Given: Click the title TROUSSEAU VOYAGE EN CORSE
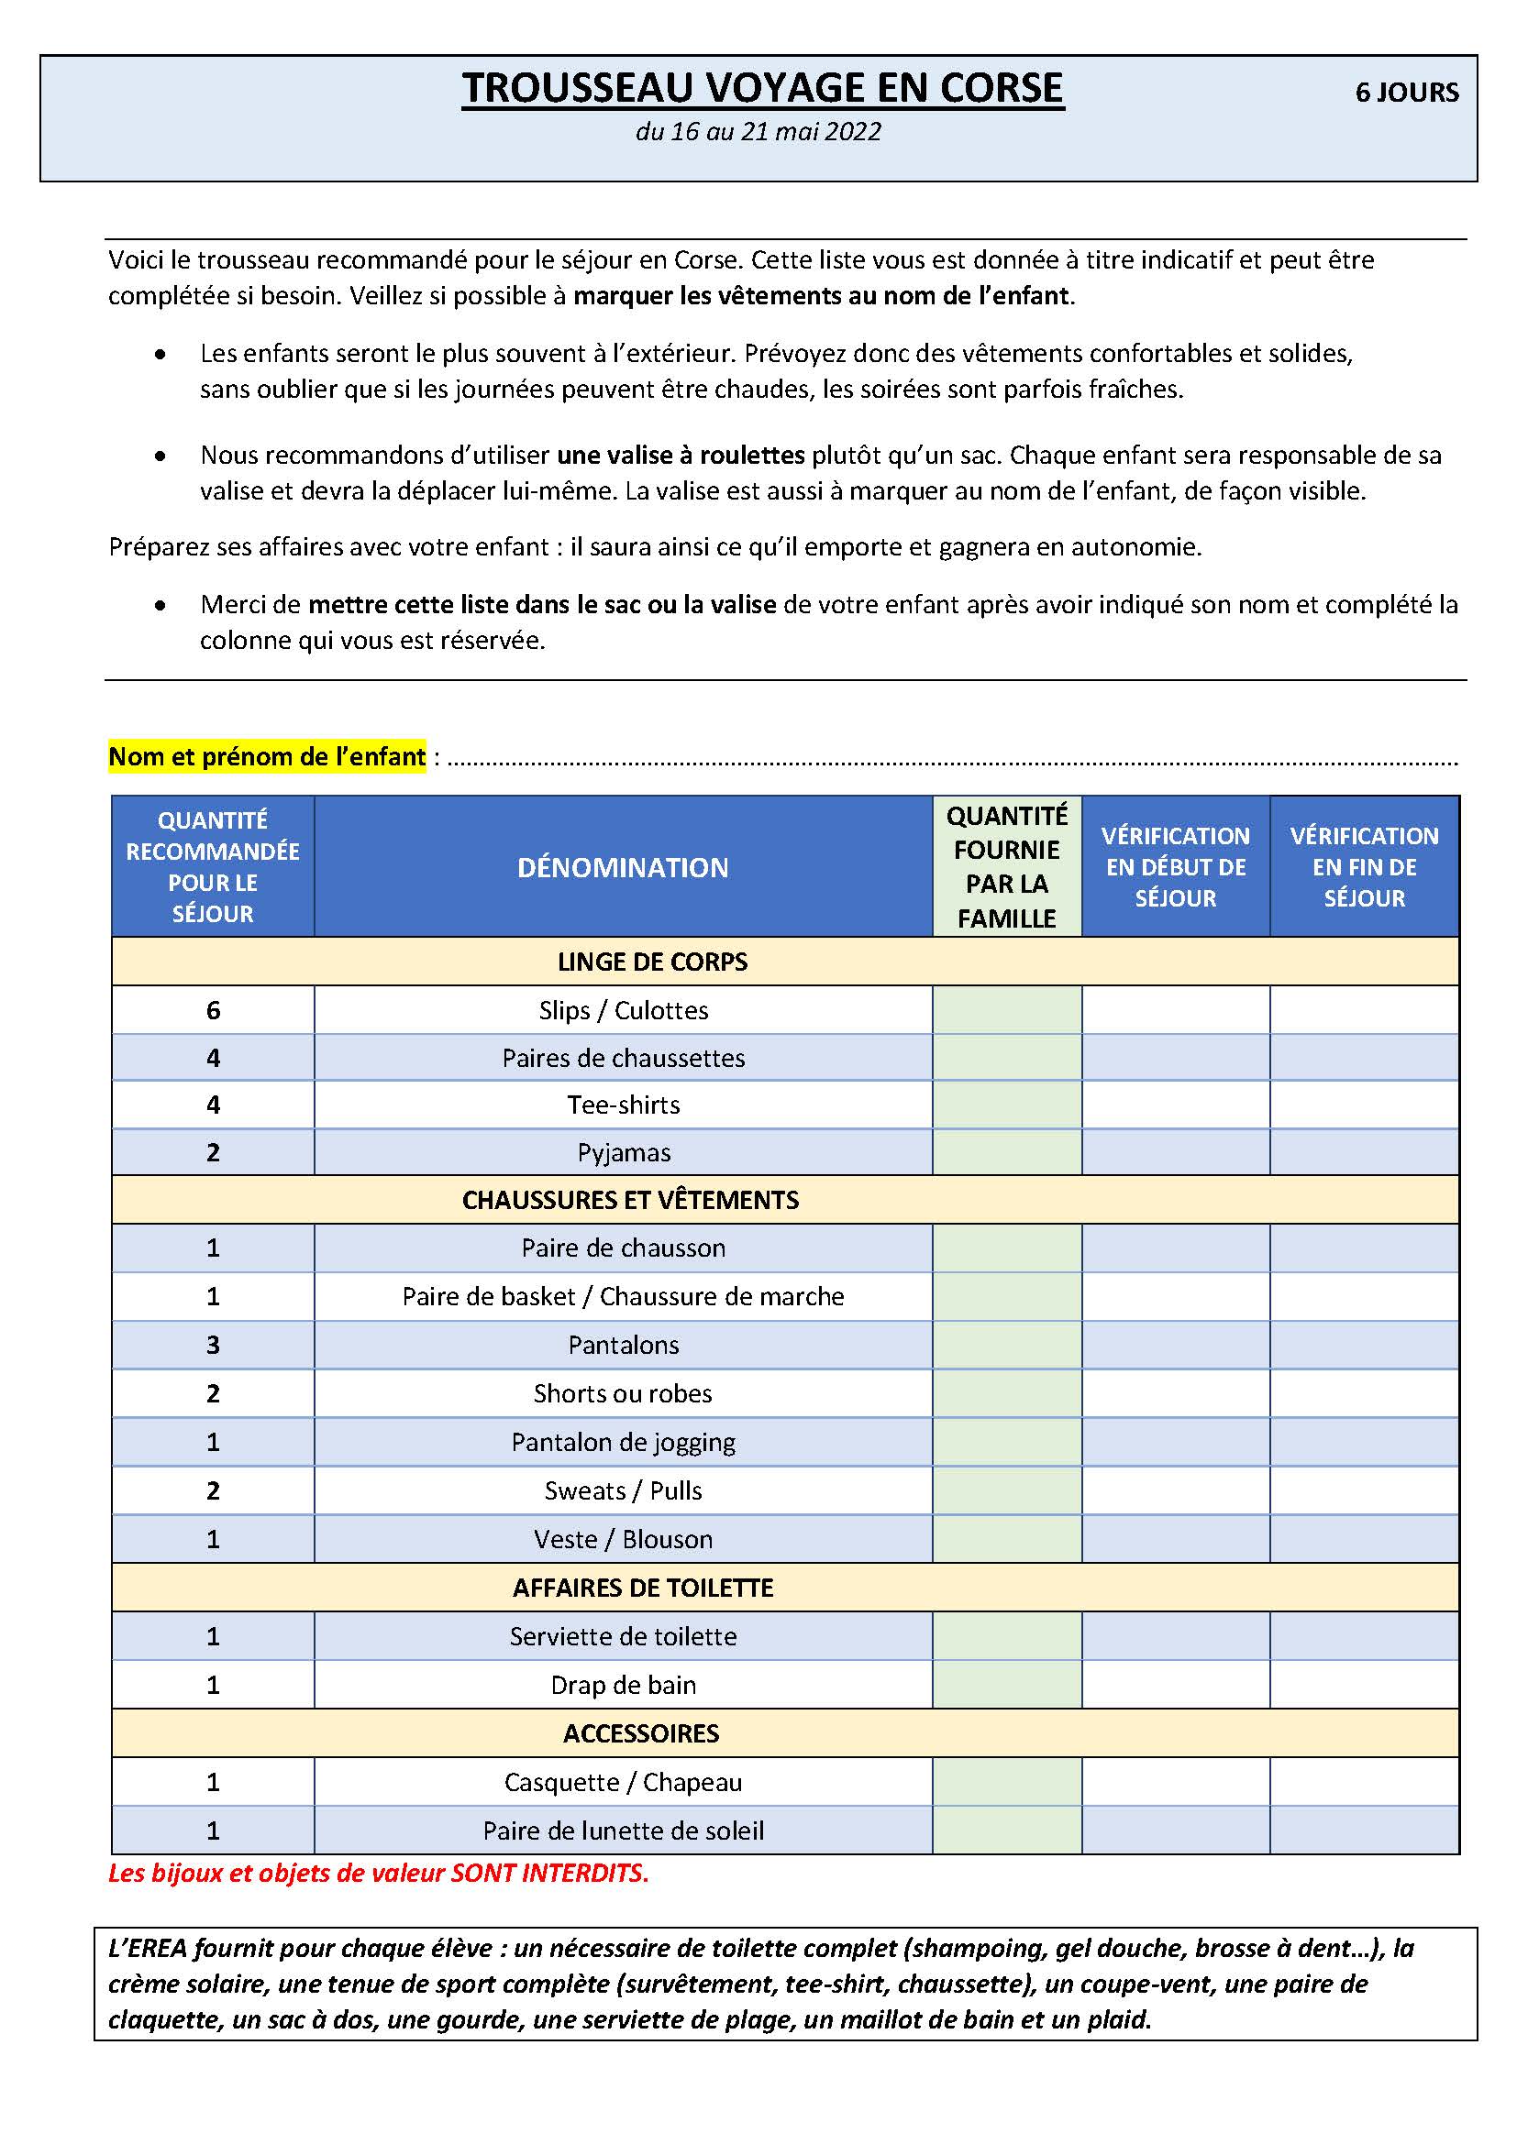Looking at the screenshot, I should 762,89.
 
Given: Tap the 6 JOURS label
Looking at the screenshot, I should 1406,93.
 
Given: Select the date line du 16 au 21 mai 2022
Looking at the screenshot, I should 758,132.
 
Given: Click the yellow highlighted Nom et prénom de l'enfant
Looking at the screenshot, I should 267,756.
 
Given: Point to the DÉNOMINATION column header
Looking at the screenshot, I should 623,867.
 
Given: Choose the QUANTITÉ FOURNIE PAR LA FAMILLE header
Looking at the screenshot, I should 1007,866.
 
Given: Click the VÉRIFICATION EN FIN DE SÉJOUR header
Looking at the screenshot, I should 1364,866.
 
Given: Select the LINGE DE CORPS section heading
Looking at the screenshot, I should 652,962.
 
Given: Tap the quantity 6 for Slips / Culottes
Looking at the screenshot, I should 213,1010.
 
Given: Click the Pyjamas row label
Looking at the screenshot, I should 624,1152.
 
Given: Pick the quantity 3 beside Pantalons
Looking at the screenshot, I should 213,1345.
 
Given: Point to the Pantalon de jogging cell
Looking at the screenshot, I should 623,1442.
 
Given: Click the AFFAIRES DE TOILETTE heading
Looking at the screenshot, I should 643,1588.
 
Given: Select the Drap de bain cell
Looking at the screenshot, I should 623,1685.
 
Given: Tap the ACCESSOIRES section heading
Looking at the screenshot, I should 641,1733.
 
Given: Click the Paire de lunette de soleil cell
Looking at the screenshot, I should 623,1831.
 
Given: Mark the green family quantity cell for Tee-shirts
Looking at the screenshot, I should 1007,1105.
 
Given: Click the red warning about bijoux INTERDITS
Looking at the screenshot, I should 378,1874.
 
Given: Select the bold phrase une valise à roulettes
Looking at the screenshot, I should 681,456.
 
